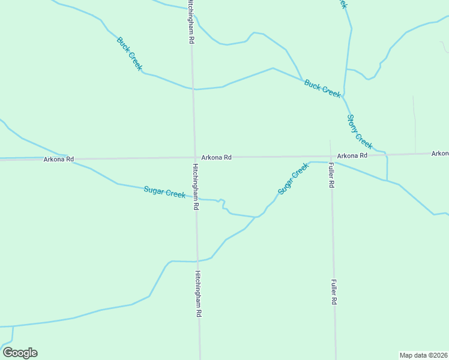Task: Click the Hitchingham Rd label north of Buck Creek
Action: (190, 21)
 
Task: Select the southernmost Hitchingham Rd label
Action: (198, 293)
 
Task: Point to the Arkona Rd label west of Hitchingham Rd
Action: (58, 159)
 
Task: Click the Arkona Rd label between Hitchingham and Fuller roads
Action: (216, 157)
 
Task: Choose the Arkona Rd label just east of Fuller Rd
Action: (352, 155)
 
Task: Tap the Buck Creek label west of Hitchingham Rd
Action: (129, 54)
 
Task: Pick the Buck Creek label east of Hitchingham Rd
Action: (322, 88)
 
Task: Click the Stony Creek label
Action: (360, 131)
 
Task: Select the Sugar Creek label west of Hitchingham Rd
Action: (164, 192)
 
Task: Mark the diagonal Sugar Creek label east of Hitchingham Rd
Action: (292, 179)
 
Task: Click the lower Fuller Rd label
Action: (334, 292)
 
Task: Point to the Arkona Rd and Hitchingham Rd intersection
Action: (194, 158)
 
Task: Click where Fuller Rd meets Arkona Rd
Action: (330, 157)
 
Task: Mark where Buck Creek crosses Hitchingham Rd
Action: (193, 89)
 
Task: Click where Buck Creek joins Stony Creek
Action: (344, 96)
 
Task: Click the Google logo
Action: (20, 353)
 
